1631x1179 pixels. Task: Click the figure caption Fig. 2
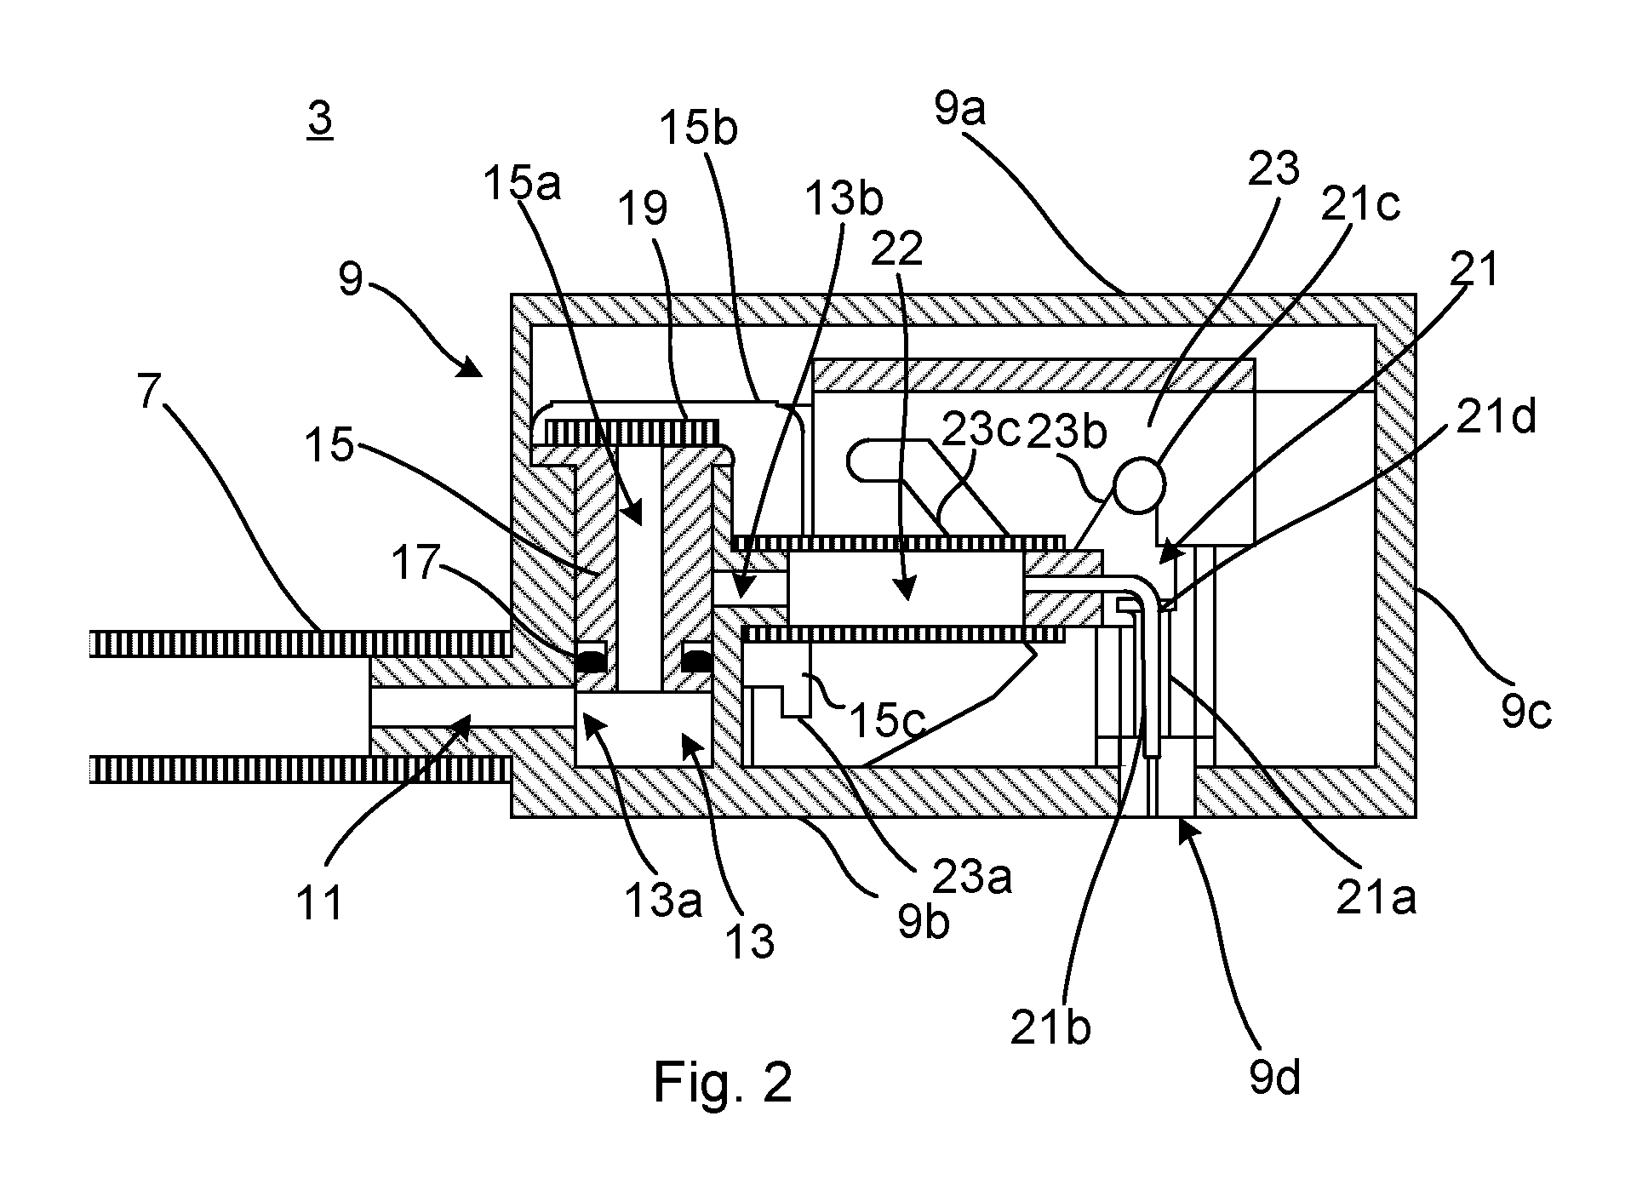point(723,1083)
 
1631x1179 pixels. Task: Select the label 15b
point(699,128)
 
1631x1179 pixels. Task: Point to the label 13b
point(844,198)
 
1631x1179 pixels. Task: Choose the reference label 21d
point(1496,418)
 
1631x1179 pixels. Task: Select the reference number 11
point(320,902)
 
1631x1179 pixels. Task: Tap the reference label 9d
point(1275,1079)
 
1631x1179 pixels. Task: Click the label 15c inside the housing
point(885,720)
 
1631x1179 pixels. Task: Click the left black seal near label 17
point(591,660)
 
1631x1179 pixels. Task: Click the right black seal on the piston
point(697,660)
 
